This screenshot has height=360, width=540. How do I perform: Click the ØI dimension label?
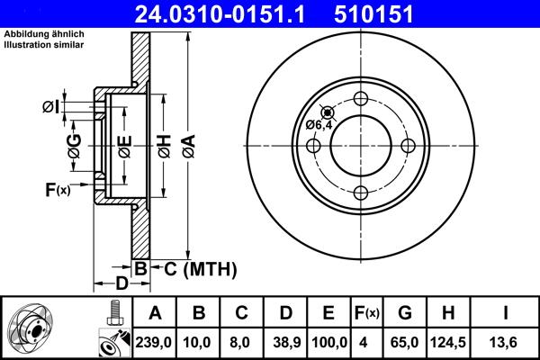[x=51, y=107]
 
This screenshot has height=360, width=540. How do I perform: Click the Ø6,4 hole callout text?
[x=319, y=124]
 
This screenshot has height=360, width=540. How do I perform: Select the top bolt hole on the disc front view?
[x=362, y=100]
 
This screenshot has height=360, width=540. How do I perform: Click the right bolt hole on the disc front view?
[x=408, y=146]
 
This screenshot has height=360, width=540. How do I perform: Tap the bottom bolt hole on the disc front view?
[x=362, y=192]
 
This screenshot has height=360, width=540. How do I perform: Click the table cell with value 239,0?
[x=156, y=342]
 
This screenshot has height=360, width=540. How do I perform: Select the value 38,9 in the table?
[x=285, y=342]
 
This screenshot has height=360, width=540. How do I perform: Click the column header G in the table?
[x=406, y=313]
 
